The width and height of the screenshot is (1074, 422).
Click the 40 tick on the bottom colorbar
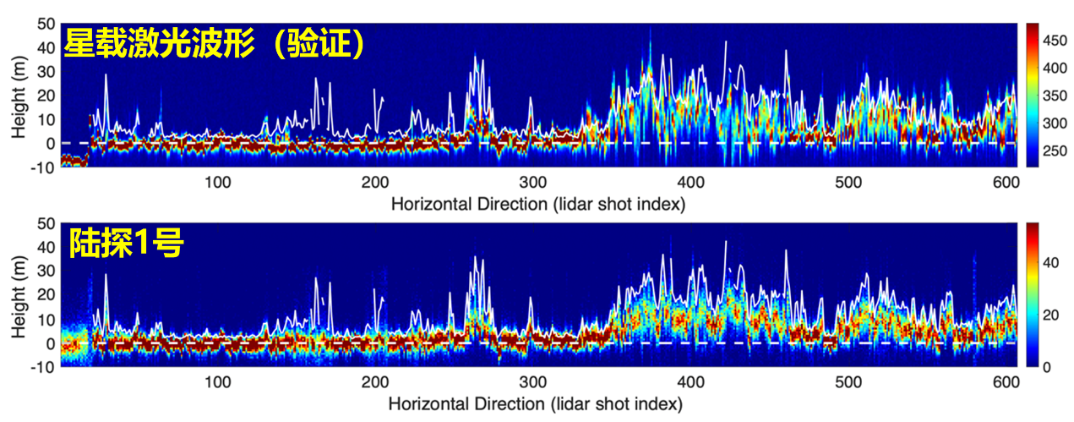coord(1048,262)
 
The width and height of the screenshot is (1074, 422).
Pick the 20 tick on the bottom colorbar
coord(1048,315)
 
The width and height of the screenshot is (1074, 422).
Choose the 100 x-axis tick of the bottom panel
coord(217,381)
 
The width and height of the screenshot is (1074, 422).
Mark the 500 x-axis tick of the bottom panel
coord(848,381)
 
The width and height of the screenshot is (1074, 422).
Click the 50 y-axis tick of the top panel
coord(46,24)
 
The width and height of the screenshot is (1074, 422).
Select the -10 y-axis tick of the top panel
coord(44,167)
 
